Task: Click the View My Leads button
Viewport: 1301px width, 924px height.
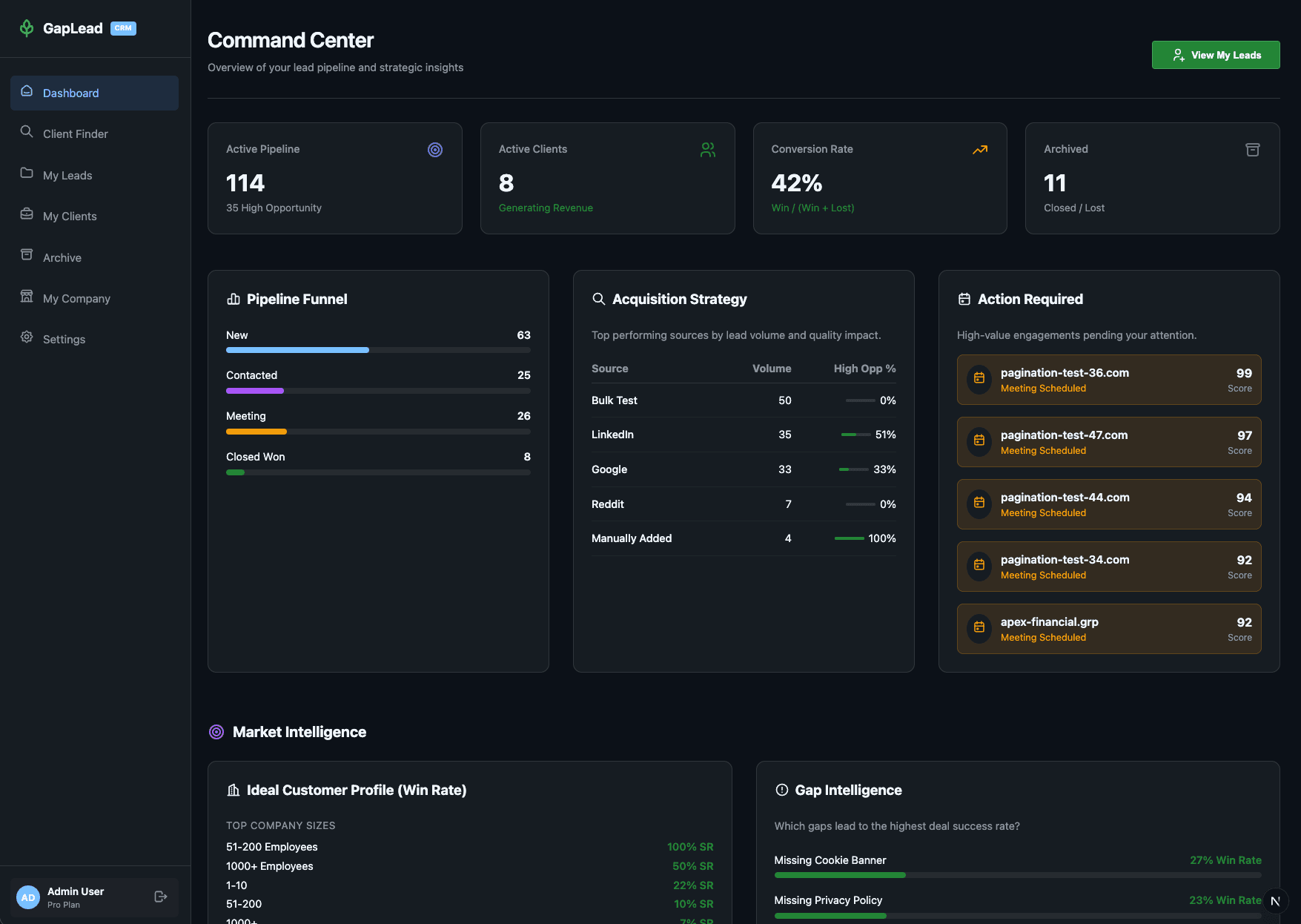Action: coord(1215,55)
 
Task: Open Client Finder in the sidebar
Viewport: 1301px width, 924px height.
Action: coord(75,134)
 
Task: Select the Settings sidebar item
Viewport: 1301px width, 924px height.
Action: coord(64,340)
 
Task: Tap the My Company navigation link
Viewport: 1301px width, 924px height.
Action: coord(76,299)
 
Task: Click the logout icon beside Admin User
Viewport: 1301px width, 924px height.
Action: coord(161,897)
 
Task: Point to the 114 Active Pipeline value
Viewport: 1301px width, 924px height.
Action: coord(245,183)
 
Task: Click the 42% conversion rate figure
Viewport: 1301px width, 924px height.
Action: coord(796,183)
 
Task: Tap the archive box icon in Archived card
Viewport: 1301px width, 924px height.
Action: coord(1252,150)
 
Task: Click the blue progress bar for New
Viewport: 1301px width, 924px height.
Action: coord(297,350)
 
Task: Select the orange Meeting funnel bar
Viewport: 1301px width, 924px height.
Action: coord(256,432)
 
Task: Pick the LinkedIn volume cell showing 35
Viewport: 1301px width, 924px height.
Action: coord(784,435)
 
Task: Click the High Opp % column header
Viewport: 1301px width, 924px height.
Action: coord(864,369)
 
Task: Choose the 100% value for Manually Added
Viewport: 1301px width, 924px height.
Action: coord(881,538)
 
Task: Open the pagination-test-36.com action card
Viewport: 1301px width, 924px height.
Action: coord(1108,380)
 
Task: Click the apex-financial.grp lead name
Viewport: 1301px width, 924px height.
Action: coord(1049,622)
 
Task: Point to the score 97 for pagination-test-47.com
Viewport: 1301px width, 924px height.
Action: coord(1244,435)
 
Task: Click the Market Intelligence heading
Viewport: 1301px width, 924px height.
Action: coord(299,732)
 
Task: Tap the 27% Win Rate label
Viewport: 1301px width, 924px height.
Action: coord(1225,860)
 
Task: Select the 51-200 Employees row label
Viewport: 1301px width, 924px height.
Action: coord(271,847)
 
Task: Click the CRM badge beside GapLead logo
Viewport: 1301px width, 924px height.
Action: coord(123,28)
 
